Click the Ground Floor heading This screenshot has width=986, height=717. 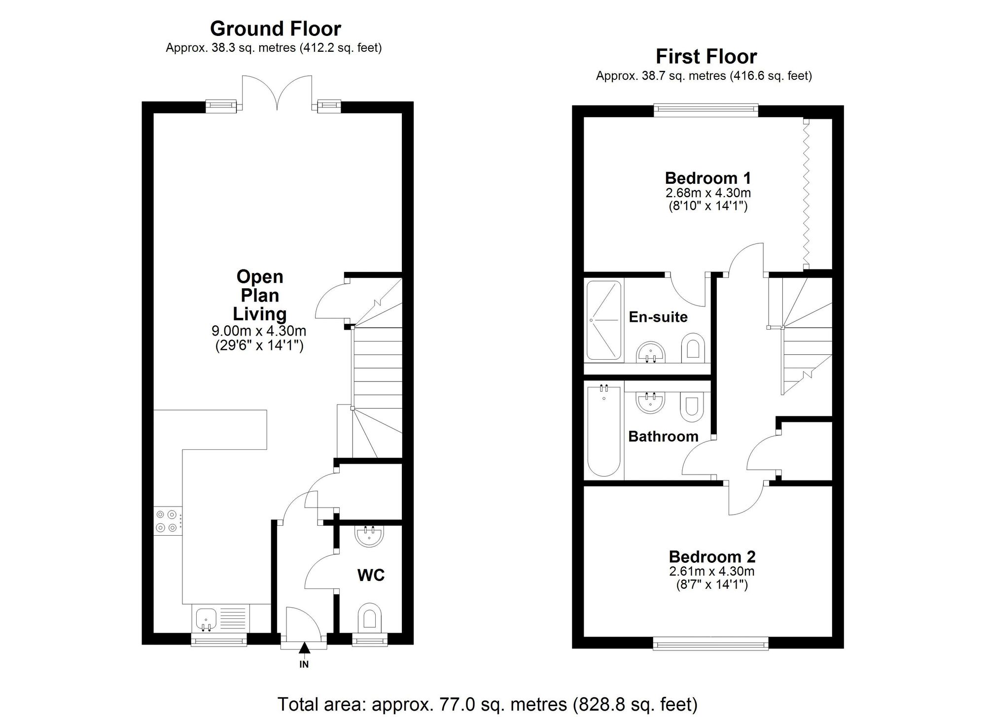tap(275, 29)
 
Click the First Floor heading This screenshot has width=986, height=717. tap(705, 57)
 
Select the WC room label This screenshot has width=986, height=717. tap(371, 575)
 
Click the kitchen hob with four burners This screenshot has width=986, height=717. tap(167, 521)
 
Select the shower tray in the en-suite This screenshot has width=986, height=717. tap(603, 320)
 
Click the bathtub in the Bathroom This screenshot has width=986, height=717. tap(603, 431)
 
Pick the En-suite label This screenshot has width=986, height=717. tap(658, 317)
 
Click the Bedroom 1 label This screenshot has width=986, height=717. tap(707, 178)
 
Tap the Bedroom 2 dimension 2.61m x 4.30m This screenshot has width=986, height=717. tap(711, 572)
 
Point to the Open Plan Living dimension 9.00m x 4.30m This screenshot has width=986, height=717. tap(259, 331)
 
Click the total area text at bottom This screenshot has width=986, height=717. tap(487, 704)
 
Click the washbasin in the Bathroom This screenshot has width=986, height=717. tap(650, 403)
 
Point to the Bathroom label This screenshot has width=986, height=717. tap(663, 437)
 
